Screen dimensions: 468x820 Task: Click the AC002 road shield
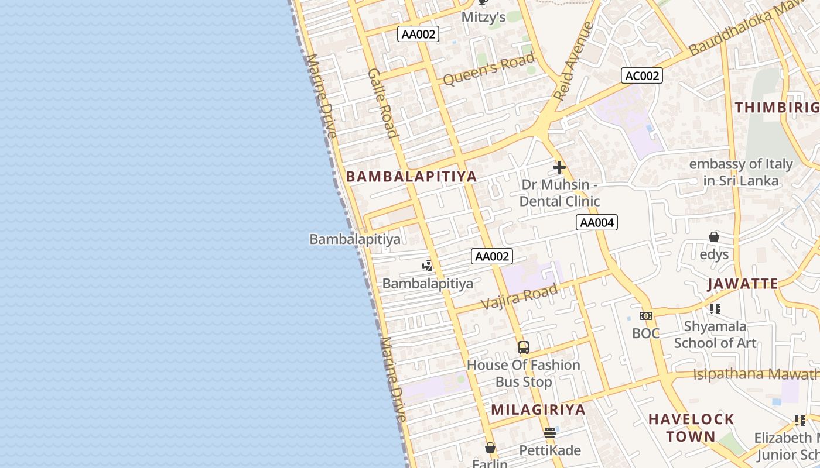[642, 75]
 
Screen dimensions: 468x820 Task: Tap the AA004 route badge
[597, 222]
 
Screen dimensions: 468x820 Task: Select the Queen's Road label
[488, 69]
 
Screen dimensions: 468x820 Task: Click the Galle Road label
[384, 103]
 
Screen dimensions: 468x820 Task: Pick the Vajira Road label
[519, 297]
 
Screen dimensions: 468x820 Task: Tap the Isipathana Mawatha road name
[756, 374]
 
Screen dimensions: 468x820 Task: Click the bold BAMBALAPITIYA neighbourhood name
[411, 177]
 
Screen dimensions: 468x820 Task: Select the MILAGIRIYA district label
[538, 409]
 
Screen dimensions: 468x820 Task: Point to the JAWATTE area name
[743, 284]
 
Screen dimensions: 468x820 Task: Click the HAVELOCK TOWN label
[691, 428]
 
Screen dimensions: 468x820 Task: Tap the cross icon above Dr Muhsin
[559, 167]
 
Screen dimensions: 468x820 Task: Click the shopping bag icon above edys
[714, 237]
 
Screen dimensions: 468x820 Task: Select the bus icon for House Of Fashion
[524, 347]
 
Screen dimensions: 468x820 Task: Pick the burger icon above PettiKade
[550, 433]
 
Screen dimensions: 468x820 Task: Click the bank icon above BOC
[646, 316]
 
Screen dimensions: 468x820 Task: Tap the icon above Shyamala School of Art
[715, 308]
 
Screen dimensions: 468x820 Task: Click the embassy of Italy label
[741, 172]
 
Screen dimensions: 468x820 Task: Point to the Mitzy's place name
[483, 17]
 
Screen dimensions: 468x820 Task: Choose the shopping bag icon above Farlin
[490, 448]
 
